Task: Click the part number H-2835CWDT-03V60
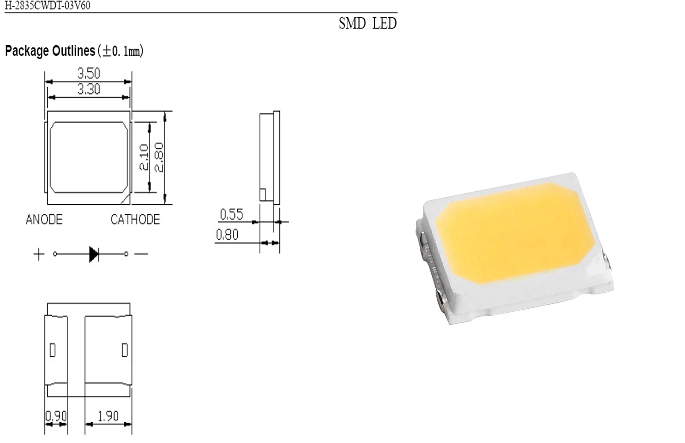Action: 47,6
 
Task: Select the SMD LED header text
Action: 367,23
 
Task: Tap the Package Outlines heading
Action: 50,51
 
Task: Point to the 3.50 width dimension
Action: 89,73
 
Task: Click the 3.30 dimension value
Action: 89,89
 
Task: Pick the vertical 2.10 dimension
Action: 144,157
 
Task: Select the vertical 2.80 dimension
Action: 159,157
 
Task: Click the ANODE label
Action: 44,220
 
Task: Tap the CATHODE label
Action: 135,220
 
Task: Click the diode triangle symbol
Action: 93,254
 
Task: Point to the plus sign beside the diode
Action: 39,254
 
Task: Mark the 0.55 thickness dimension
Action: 231,215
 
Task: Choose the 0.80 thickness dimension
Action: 227,235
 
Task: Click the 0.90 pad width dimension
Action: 56,416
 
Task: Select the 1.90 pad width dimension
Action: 108,416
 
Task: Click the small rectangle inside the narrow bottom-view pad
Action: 53,350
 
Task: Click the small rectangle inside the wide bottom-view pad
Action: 124,350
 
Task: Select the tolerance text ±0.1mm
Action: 123,51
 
